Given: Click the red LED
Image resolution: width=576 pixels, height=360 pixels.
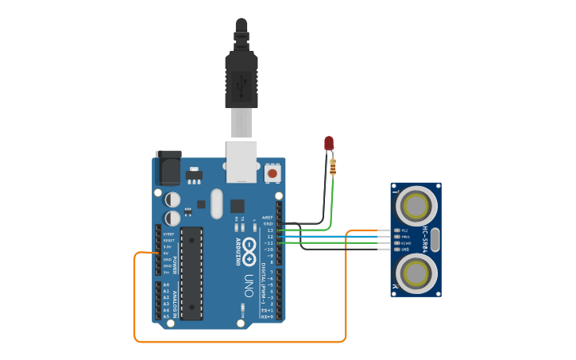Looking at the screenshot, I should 329,143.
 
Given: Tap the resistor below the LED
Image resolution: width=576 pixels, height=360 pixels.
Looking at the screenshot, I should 332,167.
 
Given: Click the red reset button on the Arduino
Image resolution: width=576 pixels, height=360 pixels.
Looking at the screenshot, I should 273,172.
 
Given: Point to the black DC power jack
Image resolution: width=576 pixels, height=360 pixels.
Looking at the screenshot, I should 168,168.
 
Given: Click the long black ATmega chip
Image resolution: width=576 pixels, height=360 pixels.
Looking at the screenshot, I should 191,273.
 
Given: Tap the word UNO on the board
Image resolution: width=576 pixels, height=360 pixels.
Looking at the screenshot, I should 249,281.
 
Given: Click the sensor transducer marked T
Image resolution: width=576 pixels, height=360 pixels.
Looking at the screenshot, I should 416,205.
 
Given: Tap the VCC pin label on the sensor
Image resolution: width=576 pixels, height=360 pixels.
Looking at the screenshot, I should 404,230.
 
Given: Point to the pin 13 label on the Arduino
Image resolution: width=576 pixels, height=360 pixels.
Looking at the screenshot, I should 269,230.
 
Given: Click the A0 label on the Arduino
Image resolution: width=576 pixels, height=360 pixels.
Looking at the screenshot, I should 166,285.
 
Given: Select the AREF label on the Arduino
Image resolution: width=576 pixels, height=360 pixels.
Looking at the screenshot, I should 268,217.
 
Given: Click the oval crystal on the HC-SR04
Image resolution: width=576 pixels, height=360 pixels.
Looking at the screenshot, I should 436,238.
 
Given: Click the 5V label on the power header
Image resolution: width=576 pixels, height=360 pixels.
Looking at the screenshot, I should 167,254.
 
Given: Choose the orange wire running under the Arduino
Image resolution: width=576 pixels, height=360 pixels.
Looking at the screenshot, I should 238,342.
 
